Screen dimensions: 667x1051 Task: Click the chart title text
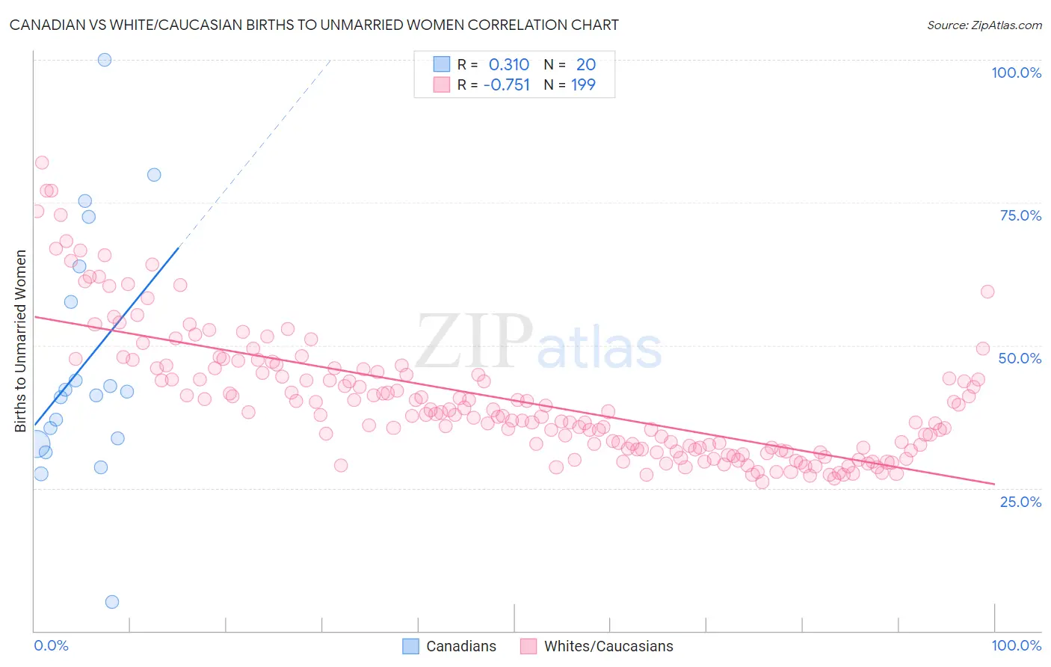click(314, 25)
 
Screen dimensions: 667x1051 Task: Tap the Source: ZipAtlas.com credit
click(984, 25)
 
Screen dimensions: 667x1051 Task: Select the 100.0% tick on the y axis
click(1016, 73)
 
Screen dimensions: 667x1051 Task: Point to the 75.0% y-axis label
click(1020, 215)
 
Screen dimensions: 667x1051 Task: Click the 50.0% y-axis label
click(1020, 358)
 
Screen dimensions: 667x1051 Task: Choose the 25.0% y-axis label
click(1020, 501)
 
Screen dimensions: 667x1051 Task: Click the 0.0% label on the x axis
click(51, 645)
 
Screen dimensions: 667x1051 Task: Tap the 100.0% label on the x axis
click(1016, 645)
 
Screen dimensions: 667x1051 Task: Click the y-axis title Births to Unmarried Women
click(21, 341)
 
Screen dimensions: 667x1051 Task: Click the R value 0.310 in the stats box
click(508, 65)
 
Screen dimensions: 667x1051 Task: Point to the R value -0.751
click(506, 85)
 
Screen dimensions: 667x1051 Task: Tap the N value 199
click(583, 85)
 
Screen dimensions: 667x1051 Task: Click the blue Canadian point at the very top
click(105, 60)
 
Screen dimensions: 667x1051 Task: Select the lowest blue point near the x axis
click(112, 602)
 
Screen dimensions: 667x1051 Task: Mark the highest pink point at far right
click(987, 292)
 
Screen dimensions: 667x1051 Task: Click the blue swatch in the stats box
click(442, 64)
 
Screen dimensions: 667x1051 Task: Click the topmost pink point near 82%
click(42, 163)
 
